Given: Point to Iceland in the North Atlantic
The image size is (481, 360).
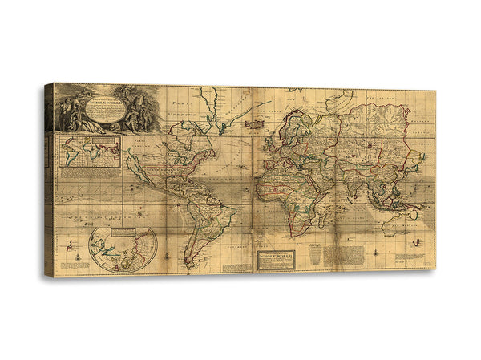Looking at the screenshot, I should pyautogui.click(x=255, y=124).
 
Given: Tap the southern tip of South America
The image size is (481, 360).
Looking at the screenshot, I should pyautogui.click(x=186, y=265).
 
